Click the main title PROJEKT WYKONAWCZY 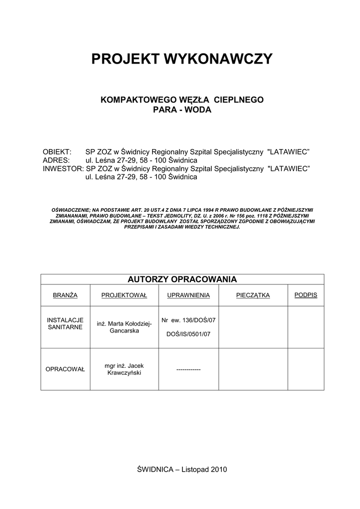pyautogui.click(x=182, y=59)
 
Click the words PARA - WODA pyautogui.click(x=182, y=109)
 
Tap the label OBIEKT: pyautogui.click(x=58, y=152)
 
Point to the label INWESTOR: pyautogui.click(x=64, y=169)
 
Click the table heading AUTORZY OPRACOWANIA pyautogui.click(x=182, y=279)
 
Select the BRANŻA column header pyautogui.click(x=65, y=295)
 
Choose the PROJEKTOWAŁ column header pyautogui.click(x=124, y=295)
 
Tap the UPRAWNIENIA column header pyautogui.click(x=188, y=295)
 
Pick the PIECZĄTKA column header pyautogui.click(x=253, y=295)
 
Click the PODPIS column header pyautogui.click(x=306, y=295)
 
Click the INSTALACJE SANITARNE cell pyautogui.click(x=65, y=324)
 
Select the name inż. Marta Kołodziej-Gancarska pyautogui.click(x=124, y=327)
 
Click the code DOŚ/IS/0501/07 pyautogui.click(x=188, y=334)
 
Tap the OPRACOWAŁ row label pyautogui.click(x=65, y=369)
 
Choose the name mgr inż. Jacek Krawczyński pyautogui.click(x=124, y=369)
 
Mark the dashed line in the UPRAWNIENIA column pyautogui.click(x=188, y=370)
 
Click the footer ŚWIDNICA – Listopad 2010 pyautogui.click(x=182, y=469)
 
